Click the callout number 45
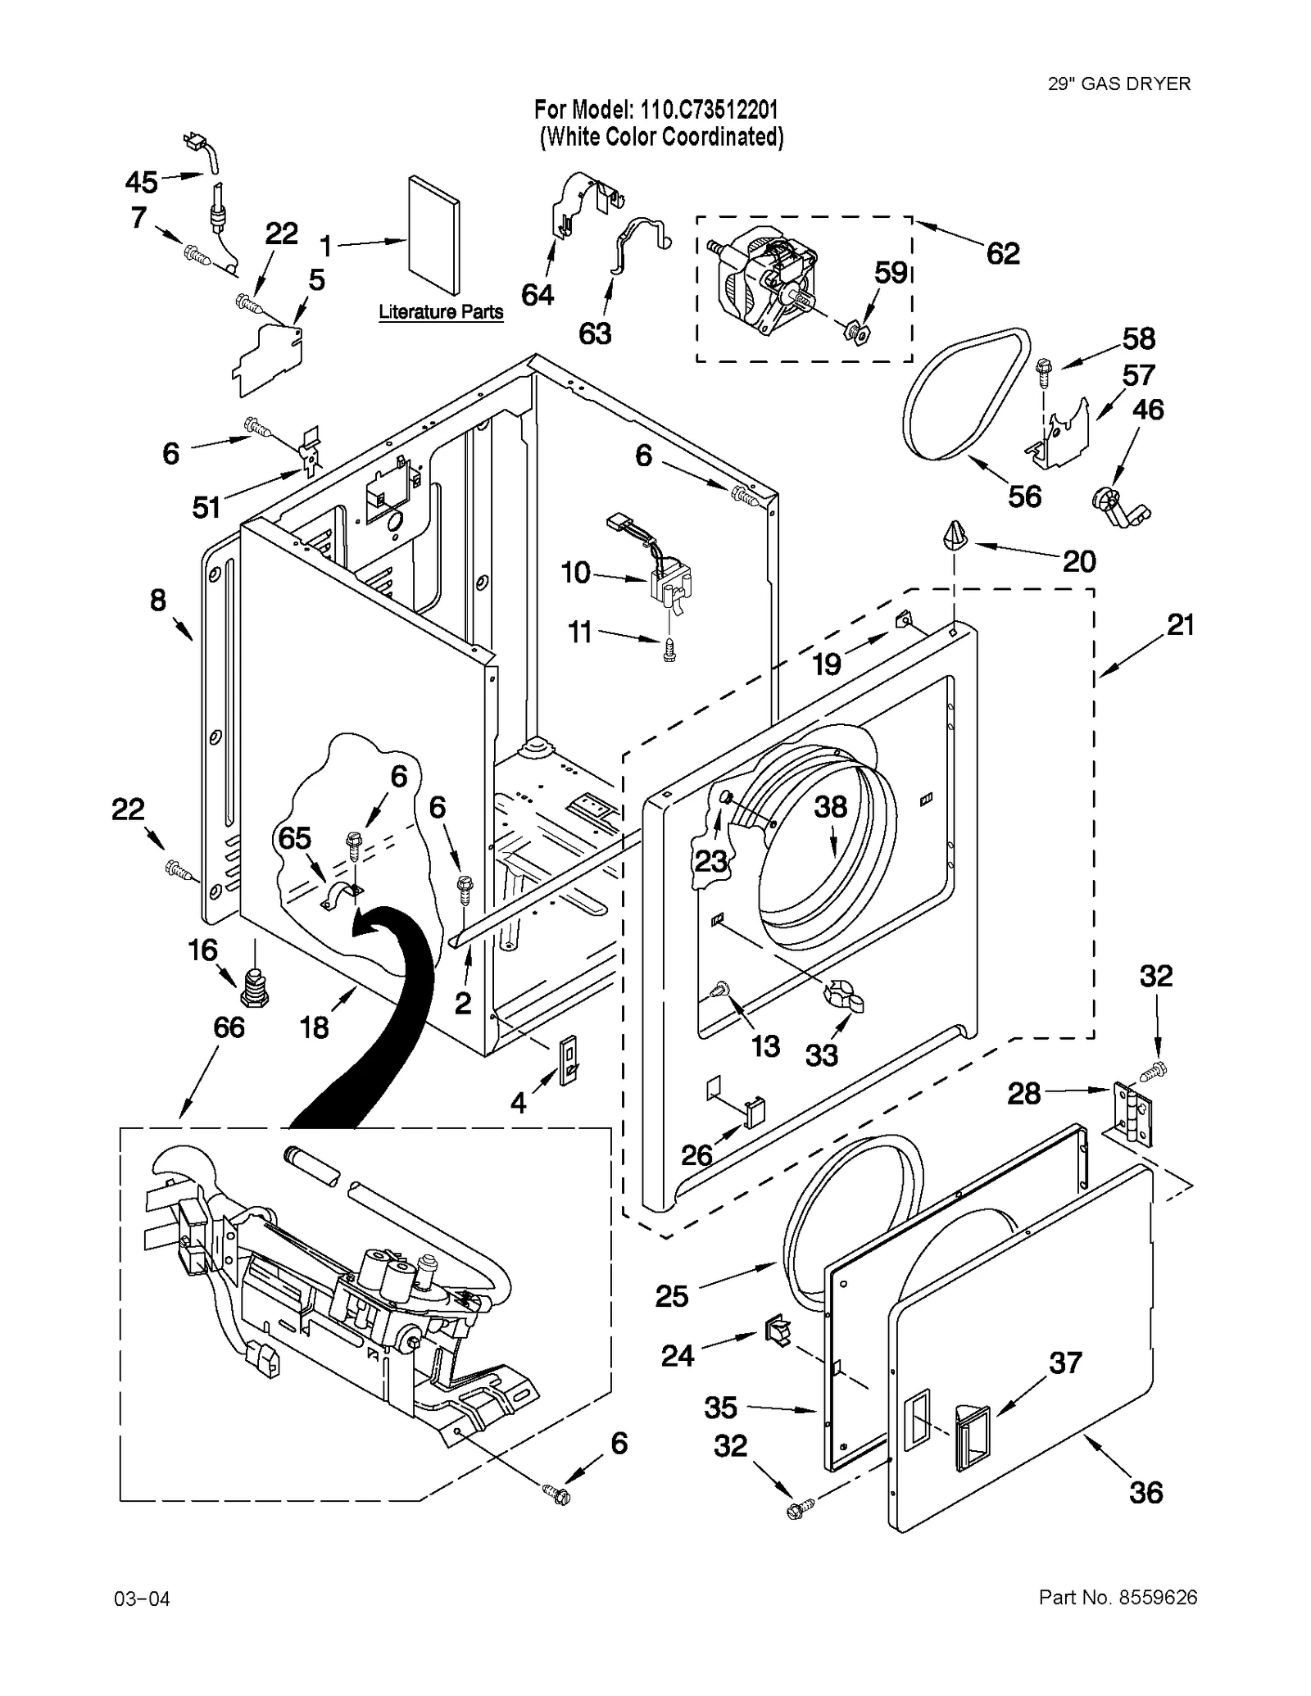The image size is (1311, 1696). tap(141, 181)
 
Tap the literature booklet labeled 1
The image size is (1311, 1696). tap(433, 235)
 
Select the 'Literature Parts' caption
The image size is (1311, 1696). tap(440, 312)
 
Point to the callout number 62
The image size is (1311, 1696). tap(1003, 254)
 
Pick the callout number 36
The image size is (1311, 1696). tap(1145, 1493)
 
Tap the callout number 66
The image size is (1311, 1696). tap(229, 1027)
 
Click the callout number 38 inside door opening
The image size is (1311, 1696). tap(830, 807)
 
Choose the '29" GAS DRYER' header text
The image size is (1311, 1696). tap(1118, 84)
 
